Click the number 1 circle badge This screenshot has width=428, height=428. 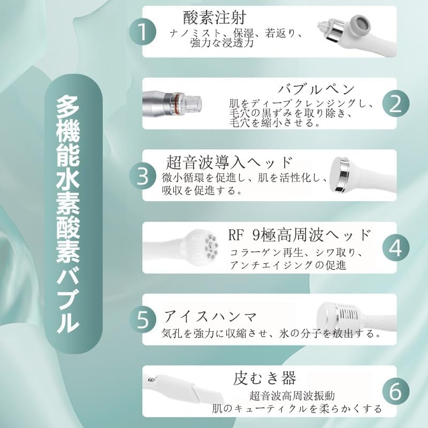click(142, 32)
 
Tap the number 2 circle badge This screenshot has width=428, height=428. click(396, 104)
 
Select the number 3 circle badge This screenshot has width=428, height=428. click(142, 175)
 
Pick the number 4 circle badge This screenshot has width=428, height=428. click(396, 248)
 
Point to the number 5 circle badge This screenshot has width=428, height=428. click(142, 319)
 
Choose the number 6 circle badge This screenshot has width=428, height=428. click(396, 392)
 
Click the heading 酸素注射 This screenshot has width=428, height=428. click(215, 17)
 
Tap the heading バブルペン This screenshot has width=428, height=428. click(316, 89)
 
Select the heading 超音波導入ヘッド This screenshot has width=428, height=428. click(230, 162)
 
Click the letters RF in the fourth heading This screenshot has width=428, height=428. click(235, 235)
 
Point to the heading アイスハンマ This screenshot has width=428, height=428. click(210, 317)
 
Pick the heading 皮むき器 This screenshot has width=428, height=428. click(264, 378)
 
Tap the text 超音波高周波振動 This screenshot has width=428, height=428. click(292, 395)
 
